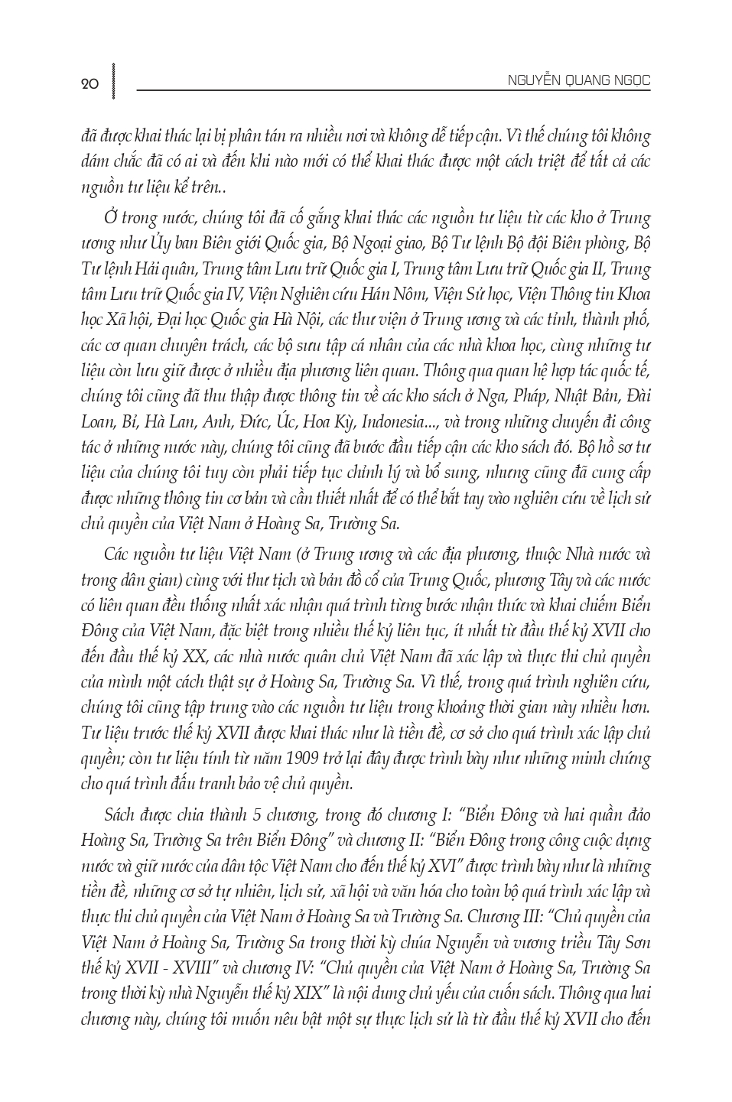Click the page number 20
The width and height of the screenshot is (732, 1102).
(x=89, y=85)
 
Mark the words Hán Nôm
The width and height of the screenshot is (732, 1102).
(x=404, y=294)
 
